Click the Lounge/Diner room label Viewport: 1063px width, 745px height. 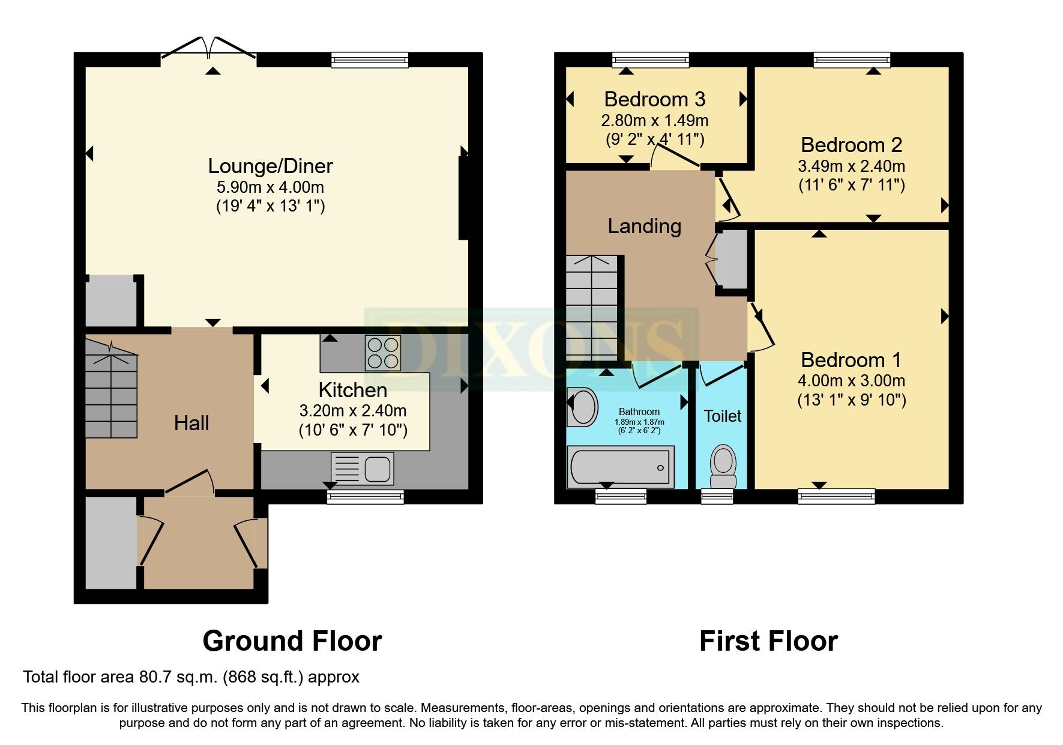click(x=270, y=166)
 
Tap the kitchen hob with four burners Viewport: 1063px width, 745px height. click(x=383, y=353)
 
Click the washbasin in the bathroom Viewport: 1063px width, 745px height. click(x=582, y=407)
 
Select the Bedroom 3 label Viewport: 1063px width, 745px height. click(x=654, y=99)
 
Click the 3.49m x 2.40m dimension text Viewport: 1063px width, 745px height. click(x=851, y=166)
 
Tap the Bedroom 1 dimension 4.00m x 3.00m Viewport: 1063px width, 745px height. click(x=851, y=381)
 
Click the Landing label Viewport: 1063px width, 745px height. click(x=644, y=227)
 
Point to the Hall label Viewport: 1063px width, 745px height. click(x=191, y=424)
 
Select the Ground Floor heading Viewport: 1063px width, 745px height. click(x=292, y=641)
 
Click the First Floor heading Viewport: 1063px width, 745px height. click(x=768, y=641)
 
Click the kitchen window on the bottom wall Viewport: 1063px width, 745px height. click(x=366, y=496)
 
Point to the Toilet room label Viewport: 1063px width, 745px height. click(x=722, y=416)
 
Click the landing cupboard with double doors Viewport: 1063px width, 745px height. click(x=729, y=260)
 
